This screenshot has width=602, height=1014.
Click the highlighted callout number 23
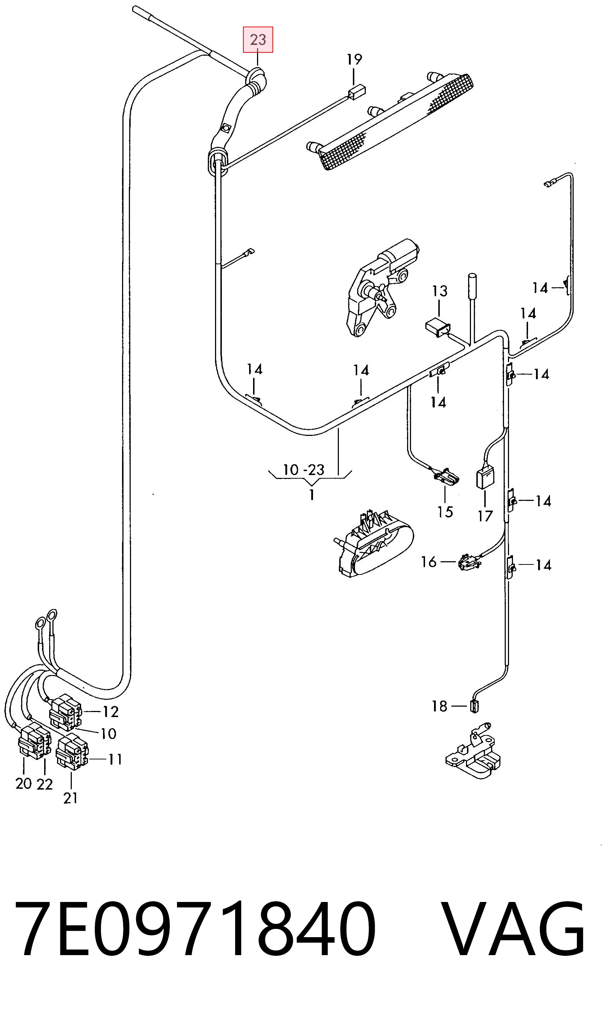tap(258, 40)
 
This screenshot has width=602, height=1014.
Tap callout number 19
tap(354, 60)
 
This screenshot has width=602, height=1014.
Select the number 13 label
tap(439, 291)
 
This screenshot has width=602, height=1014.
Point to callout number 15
tap(445, 512)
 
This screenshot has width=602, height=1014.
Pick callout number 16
tap(429, 562)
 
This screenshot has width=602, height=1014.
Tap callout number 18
tap(439, 706)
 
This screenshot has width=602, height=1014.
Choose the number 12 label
tap(110, 712)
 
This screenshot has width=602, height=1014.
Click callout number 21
tap(71, 798)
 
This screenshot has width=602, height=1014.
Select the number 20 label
tap(24, 783)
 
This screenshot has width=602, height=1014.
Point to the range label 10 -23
tap(303, 470)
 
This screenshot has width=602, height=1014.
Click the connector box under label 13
tap(438, 327)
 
